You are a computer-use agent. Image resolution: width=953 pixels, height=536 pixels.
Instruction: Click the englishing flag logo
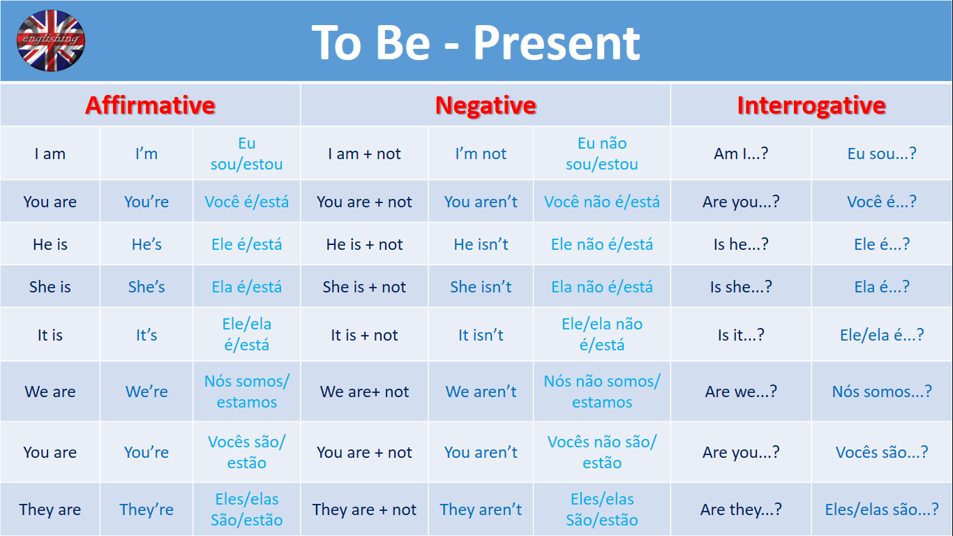[x=51, y=40]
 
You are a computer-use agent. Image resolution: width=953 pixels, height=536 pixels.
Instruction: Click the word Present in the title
[x=556, y=43]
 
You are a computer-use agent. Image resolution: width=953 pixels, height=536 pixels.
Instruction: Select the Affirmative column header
[x=150, y=105]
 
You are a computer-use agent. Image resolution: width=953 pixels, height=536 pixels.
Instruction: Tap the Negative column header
[x=486, y=105]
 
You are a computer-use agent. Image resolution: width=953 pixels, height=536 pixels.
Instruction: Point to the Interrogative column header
[x=811, y=105]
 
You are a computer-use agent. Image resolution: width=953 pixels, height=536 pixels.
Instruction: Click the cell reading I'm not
[x=481, y=154]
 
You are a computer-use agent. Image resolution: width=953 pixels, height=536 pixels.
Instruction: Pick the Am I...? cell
[x=741, y=154]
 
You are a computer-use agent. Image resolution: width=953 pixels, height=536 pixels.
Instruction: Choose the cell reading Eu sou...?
[x=882, y=154]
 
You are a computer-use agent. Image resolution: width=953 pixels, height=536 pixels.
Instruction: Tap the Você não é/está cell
[x=602, y=202]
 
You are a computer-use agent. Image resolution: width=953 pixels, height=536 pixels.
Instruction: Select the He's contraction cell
[x=147, y=244]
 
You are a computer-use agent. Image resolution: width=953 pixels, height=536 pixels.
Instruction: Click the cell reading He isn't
[x=481, y=244]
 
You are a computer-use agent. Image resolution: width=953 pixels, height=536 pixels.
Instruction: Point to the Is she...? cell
[x=741, y=287]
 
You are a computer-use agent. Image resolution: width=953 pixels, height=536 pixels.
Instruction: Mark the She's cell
[x=147, y=287]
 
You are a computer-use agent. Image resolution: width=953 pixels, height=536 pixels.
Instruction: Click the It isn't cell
[x=481, y=335]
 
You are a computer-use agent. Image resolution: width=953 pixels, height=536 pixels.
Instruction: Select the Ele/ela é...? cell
[x=882, y=335]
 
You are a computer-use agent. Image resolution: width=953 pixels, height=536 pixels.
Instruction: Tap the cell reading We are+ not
[x=364, y=392]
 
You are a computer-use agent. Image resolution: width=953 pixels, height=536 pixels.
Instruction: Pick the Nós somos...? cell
[x=882, y=392]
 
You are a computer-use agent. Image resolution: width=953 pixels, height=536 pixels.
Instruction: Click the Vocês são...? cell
[x=882, y=452]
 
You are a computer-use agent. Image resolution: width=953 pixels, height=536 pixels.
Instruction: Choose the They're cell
[x=147, y=509]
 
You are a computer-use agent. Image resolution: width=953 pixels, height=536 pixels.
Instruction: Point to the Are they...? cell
[x=741, y=509]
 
